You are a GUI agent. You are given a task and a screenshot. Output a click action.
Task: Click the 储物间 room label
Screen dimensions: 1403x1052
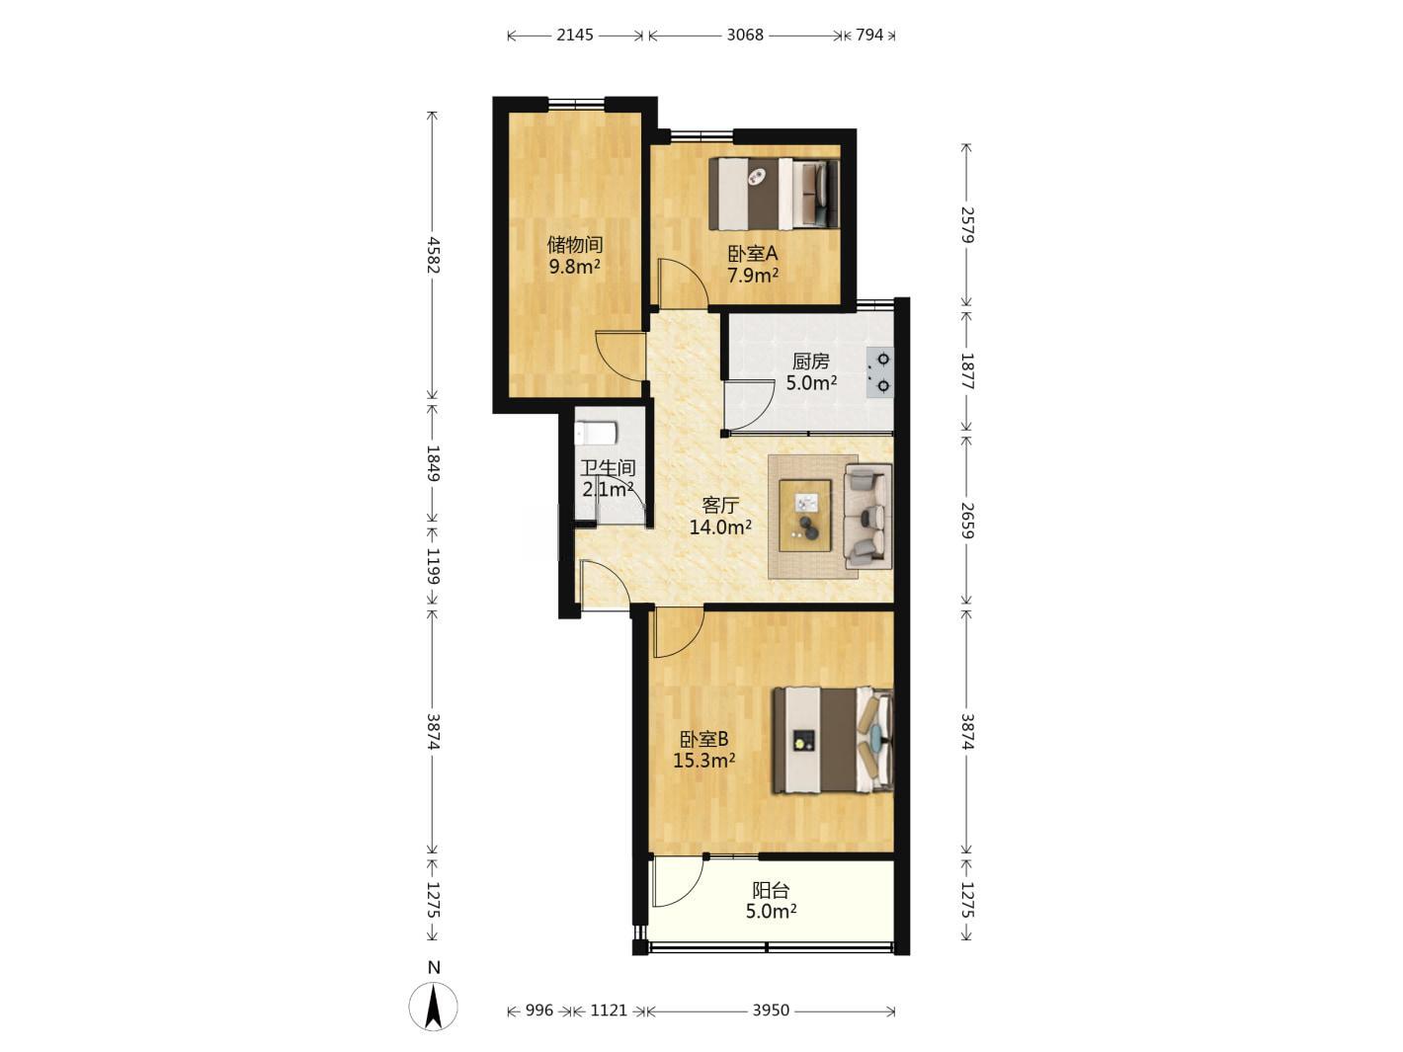tap(575, 244)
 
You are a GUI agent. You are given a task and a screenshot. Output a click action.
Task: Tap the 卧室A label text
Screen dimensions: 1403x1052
tap(752, 254)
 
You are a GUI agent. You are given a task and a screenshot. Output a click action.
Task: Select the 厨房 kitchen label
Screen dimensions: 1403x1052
tap(810, 362)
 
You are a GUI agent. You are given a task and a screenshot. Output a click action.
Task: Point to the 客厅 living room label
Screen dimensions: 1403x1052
tap(720, 505)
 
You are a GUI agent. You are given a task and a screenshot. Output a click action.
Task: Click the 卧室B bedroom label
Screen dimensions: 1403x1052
tap(703, 739)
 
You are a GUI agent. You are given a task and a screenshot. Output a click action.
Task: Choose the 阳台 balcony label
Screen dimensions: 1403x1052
tap(771, 890)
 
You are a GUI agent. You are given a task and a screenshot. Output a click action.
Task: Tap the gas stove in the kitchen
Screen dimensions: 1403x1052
tap(879, 372)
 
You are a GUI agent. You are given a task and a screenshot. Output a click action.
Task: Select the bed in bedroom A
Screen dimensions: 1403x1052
tap(774, 194)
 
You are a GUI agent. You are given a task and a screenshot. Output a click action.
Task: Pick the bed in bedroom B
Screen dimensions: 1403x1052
tap(833, 740)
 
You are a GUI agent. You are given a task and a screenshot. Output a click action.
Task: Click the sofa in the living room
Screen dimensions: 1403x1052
tap(868, 517)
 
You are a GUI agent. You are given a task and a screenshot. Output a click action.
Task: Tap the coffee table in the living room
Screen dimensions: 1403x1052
tap(805, 515)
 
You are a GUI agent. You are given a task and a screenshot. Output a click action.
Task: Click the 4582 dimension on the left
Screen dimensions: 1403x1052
tap(434, 255)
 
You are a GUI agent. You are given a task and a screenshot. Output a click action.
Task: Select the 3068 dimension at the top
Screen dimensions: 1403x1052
tap(745, 35)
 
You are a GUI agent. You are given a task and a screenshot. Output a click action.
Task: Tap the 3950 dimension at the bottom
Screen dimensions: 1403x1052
tap(771, 1010)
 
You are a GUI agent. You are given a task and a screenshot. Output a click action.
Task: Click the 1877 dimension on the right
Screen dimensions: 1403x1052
tap(966, 371)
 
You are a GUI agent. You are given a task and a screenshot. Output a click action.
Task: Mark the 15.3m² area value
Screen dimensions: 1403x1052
tap(703, 760)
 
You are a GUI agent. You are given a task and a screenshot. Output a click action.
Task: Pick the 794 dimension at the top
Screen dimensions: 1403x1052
tap(869, 35)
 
